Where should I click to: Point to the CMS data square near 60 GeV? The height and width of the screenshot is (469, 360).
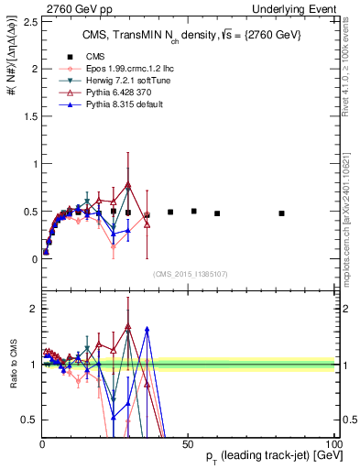[x=217, y=213]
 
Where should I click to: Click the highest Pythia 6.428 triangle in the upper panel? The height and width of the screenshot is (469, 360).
[x=128, y=185]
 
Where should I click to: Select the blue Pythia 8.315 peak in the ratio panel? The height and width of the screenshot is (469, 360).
[x=147, y=328]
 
